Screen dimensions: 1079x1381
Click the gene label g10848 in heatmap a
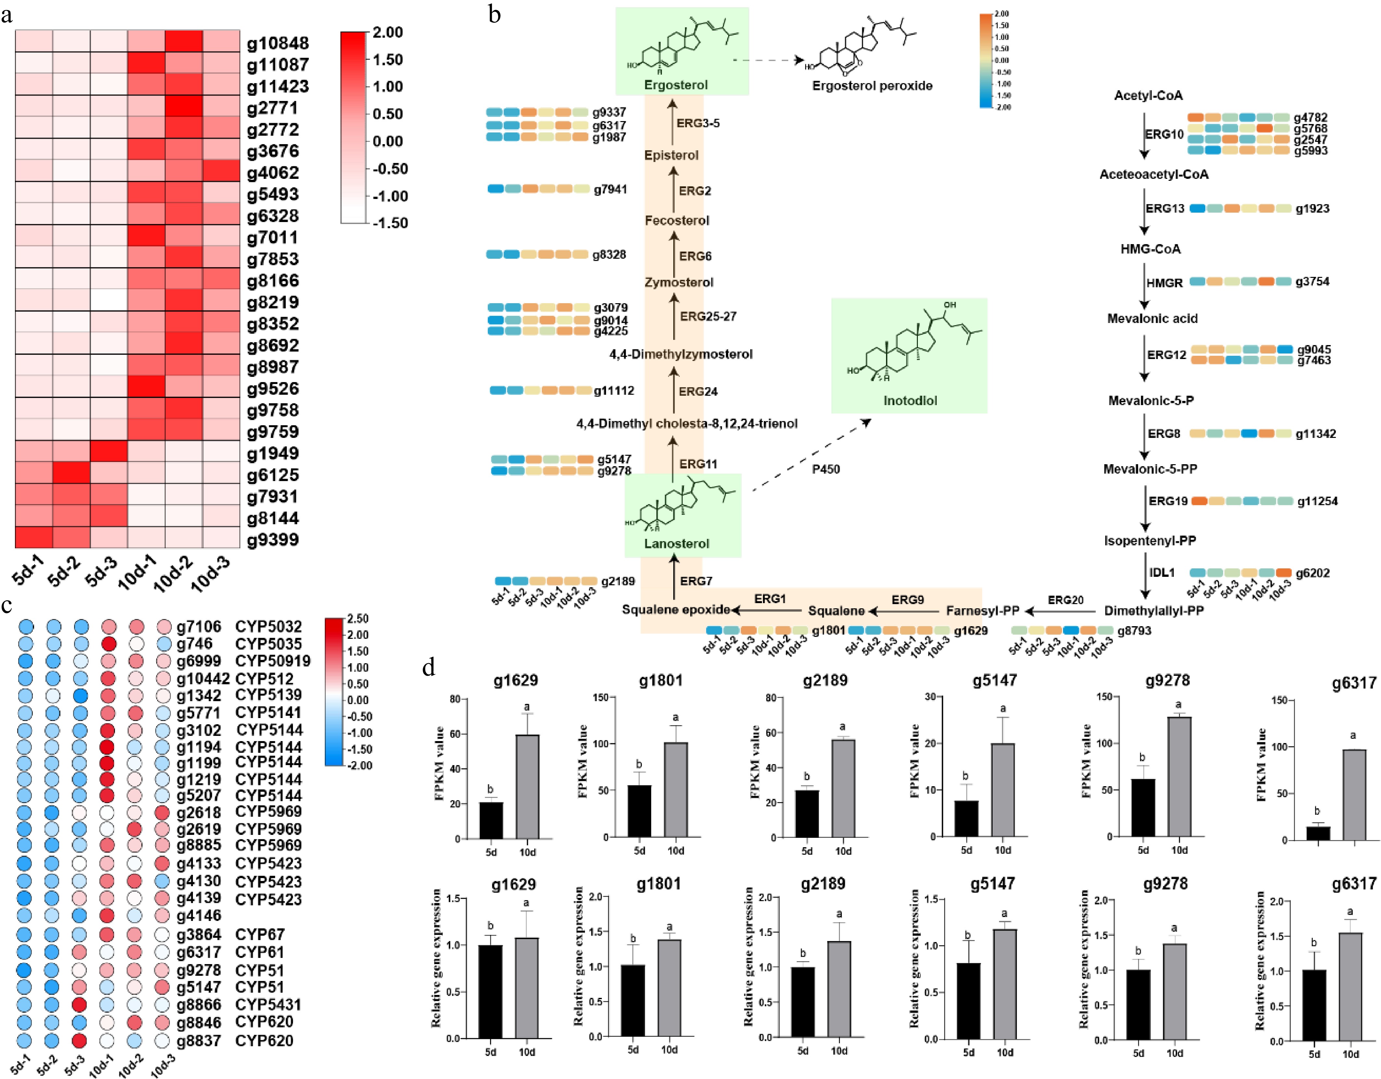(278, 43)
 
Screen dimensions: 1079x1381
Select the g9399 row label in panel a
(272, 540)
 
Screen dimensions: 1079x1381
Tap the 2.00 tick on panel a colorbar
(387, 32)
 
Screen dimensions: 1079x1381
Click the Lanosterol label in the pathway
(677, 544)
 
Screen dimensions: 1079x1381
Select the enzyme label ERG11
(698, 464)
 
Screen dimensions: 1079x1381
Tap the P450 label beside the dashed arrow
(826, 469)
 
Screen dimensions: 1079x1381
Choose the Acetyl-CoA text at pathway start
(1148, 95)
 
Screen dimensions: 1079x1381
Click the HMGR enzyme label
(1164, 283)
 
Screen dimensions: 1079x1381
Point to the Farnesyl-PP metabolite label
(982, 611)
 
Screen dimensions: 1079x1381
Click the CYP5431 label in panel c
(268, 1004)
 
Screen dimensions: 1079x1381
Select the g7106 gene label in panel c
(198, 626)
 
